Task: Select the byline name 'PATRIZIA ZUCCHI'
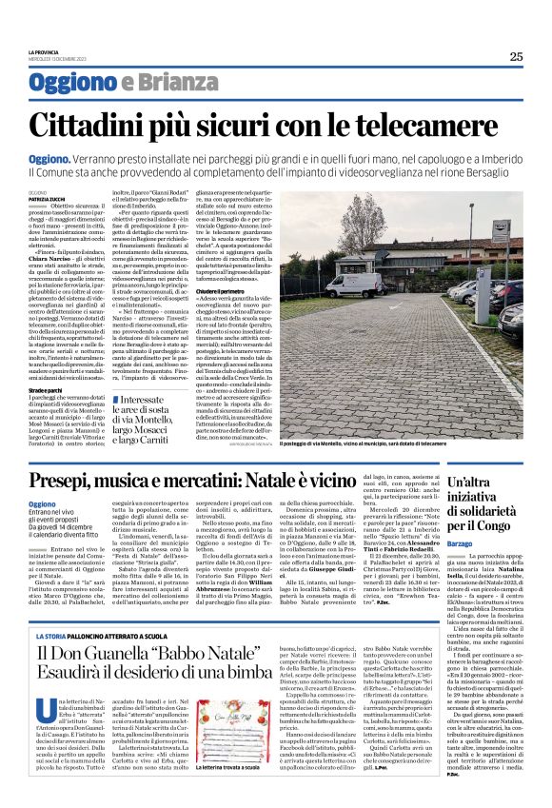[49, 197]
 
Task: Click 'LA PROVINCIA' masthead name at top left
[44, 51]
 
